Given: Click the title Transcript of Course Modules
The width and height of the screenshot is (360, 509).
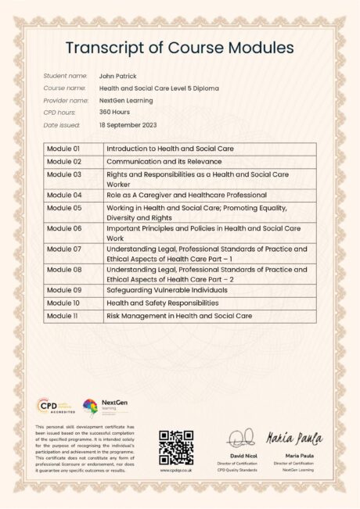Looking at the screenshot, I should pyautogui.click(x=180, y=48).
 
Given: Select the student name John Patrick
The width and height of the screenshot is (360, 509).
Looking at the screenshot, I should pyautogui.click(x=117, y=77).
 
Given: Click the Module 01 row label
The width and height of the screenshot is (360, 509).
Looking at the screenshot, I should pyautogui.click(x=63, y=149).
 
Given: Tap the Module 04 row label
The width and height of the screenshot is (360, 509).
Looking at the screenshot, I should pyautogui.click(x=63, y=195).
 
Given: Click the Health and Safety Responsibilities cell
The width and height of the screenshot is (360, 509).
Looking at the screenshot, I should pyautogui.click(x=163, y=302).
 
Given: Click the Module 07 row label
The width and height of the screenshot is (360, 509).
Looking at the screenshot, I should pyautogui.click(x=63, y=248).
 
